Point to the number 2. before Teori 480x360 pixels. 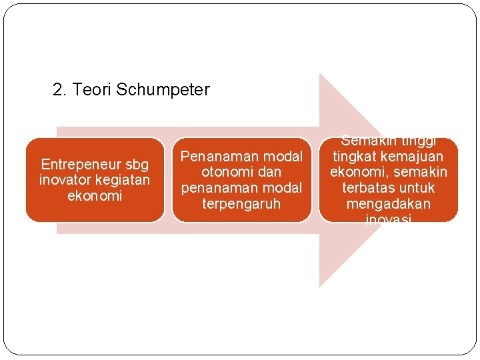[60, 89]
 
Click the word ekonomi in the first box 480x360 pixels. [95, 196]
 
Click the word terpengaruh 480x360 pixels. [241, 203]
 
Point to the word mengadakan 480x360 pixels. [388, 204]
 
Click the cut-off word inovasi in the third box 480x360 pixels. [388, 218]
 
